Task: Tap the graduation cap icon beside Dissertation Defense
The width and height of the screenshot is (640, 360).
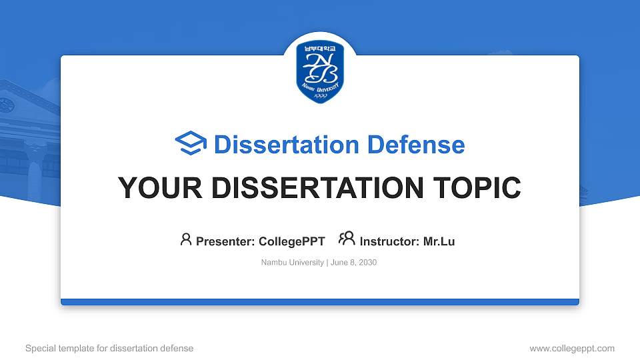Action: pos(191,144)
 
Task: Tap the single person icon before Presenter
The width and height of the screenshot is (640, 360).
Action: pos(186,240)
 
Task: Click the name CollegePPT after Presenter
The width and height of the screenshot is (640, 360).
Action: pos(291,241)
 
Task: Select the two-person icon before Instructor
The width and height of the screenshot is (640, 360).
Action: pos(347,240)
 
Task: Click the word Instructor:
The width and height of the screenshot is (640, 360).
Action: pos(389,241)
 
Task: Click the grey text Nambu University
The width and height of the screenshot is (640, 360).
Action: pos(293,263)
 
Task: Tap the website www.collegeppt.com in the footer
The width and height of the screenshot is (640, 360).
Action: pos(572,348)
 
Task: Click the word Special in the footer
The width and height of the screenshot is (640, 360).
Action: pos(40,348)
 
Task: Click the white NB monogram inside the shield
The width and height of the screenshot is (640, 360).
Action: pos(320,68)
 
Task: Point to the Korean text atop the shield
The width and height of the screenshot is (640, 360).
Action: pos(320,49)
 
